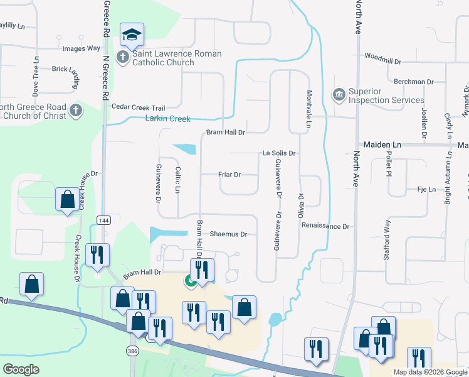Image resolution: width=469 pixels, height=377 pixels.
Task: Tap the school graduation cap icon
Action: [132, 35]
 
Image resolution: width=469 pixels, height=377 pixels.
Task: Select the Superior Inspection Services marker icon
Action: [339, 96]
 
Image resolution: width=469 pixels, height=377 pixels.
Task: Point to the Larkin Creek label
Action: [167, 118]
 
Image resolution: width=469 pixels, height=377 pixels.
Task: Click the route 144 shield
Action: [103, 219]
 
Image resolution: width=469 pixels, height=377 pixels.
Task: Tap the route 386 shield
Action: [132, 351]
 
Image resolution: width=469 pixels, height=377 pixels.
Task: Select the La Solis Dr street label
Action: [278, 153]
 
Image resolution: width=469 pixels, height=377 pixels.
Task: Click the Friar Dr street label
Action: [229, 175]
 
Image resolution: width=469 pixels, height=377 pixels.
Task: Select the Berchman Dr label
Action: [414, 82]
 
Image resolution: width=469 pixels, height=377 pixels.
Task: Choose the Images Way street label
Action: [81, 48]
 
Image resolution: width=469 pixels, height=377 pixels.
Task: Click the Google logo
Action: [21, 369]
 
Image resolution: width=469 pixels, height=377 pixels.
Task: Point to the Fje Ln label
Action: [426, 189]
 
